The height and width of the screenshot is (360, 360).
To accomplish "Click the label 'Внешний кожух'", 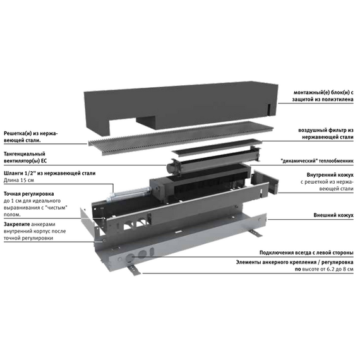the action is pyautogui.click(x=333, y=215).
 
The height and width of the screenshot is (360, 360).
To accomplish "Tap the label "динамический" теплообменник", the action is pyautogui.click(x=317, y=161).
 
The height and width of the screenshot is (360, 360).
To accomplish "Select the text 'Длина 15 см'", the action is pyautogui.click(x=19, y=180).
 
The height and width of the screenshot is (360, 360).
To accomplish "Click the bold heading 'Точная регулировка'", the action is pyautogui.click(x=29, y=194).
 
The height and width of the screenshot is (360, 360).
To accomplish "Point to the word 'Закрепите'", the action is pyautogui.click(x=17, y=224).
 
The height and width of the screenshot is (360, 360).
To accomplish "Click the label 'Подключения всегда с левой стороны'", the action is pyautogui.click(x=306, y=253).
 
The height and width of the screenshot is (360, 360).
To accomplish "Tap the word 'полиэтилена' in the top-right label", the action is pyautogui.click(x=337, y=99).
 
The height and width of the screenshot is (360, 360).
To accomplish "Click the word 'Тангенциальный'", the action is pyautogui.click(x=25, y=154).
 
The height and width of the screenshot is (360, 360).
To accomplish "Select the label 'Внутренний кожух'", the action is pyautogui.click(x=330, y=175).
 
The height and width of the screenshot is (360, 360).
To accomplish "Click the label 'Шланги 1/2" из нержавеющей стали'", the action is pyautogui.click(x=50, y=173).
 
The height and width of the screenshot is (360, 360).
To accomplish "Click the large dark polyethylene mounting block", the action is pyautogui.click(x=181, y=105).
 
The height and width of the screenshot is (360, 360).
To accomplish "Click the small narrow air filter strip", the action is pyautogui.click(x=217, y=147).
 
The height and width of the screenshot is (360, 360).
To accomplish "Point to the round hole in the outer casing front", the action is pyautogui.click(x=130, y=258).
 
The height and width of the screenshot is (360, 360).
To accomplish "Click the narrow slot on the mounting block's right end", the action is pyautogui.click(x=269, y=109).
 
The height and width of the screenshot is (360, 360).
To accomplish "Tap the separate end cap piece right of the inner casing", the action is pyautogui.click(x=265, y=181).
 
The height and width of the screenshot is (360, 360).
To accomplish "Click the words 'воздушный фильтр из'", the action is pyautogui.click(x=326, y=130).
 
